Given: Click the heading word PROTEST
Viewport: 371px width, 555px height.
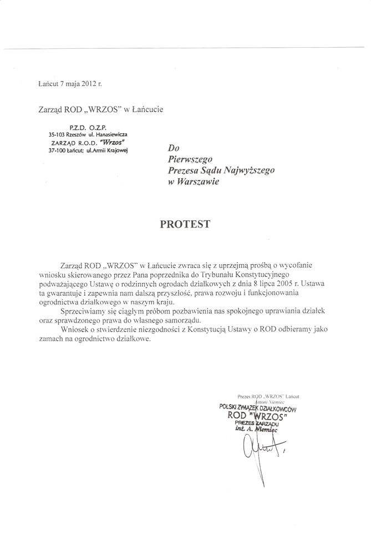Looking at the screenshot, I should [185, 224].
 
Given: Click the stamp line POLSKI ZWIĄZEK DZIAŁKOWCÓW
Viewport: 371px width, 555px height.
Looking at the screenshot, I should [258, 409].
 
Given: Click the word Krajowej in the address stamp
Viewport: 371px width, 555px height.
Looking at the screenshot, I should [115, 150].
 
